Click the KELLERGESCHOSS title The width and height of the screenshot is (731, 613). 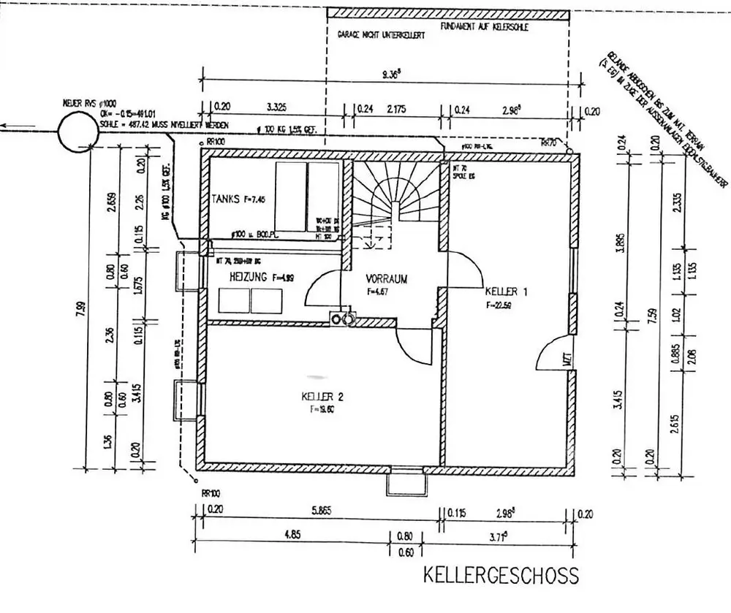(501, 575)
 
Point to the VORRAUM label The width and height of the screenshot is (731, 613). (386, 278)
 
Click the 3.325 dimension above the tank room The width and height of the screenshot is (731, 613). (276, 107)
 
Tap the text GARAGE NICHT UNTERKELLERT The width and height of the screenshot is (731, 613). (381, 35)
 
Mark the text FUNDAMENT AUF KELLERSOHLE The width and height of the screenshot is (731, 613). (485, 26)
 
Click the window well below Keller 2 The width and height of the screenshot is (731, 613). (406, 483)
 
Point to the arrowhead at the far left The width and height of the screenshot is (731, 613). (4, 126)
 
